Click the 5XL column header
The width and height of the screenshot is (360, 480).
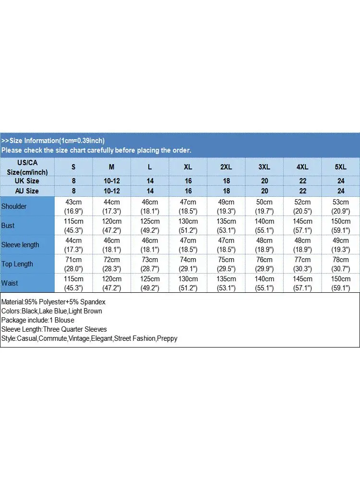click(x=340, y=167)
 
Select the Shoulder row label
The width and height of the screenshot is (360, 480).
click(x=14, y=206)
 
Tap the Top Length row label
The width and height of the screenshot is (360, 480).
click(x=17, y=264)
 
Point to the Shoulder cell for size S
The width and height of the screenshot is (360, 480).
click(x=73, y=206)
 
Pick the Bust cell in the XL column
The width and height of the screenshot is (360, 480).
click(x=188, y=226)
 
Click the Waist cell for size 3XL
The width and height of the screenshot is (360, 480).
click(x=264, y=283)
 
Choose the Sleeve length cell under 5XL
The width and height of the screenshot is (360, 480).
click(x=340, y=245)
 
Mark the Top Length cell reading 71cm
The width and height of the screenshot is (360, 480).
click(x=73, y=264)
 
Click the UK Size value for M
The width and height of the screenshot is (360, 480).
click(x=111, y=181)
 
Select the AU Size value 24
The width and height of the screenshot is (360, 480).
click(x=340, y=191)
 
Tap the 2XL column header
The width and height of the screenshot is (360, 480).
click(x=226, y=167)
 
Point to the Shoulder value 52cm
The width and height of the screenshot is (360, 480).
click(x=302, y=206)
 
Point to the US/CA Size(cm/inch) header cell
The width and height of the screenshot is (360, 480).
click(x=27, y=167)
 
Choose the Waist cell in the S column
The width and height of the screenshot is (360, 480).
click(x=73, y=283)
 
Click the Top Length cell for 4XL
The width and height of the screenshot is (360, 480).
click(x=302, y=264)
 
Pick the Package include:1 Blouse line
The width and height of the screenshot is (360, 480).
click(x=37, y=320)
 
